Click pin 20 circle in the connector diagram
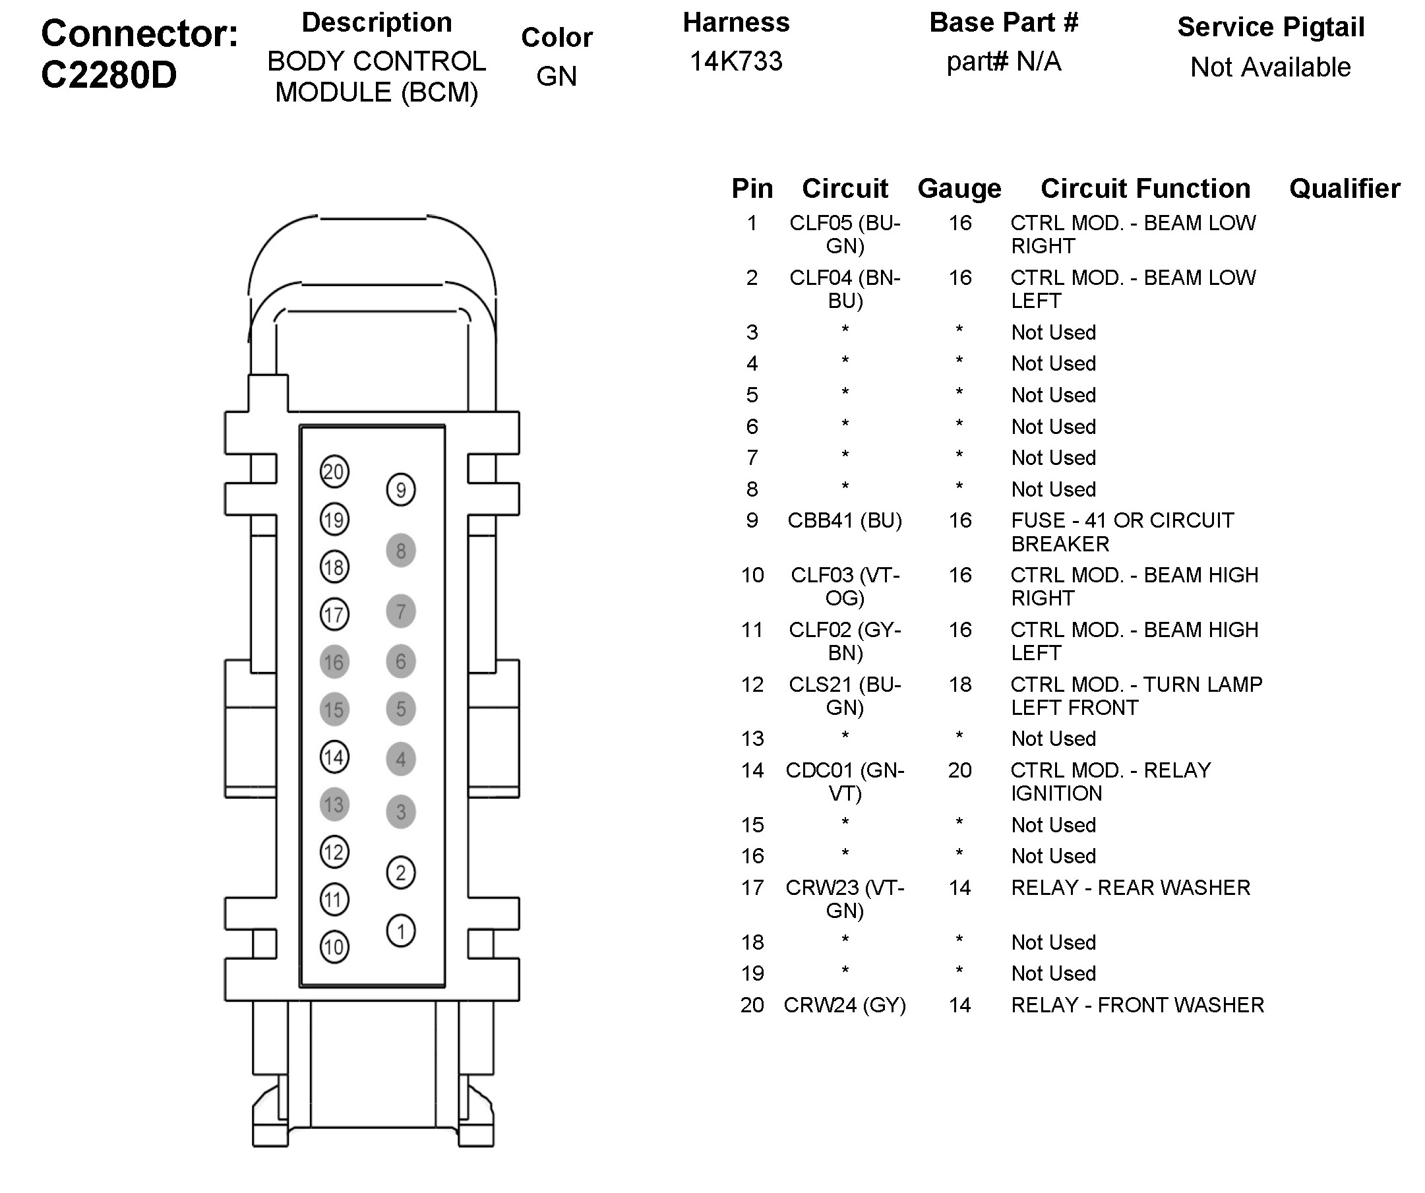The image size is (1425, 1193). coord(334,472)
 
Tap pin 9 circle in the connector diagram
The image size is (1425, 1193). coord(400,490)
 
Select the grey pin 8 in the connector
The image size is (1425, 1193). coord(400,551)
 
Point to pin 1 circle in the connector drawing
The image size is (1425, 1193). coord(400,931)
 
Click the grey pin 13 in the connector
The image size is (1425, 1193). coord(334,805)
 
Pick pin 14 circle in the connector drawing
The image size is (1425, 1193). coord(334,757)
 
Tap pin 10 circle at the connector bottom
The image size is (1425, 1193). coord(334,947)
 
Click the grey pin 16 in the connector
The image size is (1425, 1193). coord(334,662)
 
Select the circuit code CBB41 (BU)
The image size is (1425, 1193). coord(844,520)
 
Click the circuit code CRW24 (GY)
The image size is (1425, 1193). coord(844,1005)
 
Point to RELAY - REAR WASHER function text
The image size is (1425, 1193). coord(1130,888)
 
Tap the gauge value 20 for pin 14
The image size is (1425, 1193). coord(959,770)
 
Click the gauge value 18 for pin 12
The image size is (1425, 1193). coord(959,684)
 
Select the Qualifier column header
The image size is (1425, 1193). coord(1344,189)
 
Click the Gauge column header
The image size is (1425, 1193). coord(959,189)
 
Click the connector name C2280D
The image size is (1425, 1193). coord(109,75)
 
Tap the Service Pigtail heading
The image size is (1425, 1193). coord(1270,27)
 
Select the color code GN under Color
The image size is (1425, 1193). coord(557,76)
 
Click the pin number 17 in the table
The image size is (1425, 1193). coord(752,888)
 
